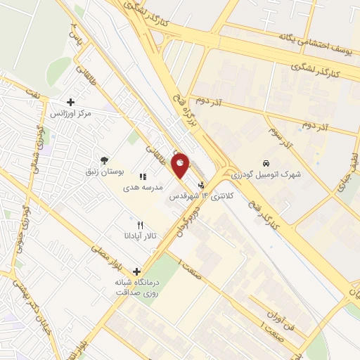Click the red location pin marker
tap(181, 166)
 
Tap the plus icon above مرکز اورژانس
tap(70, 103)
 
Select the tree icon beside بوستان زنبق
tap(105, 160)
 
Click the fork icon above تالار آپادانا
tap(141, 224)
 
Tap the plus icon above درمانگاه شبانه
tap(136, 271)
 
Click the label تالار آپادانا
tap(140, 236)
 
